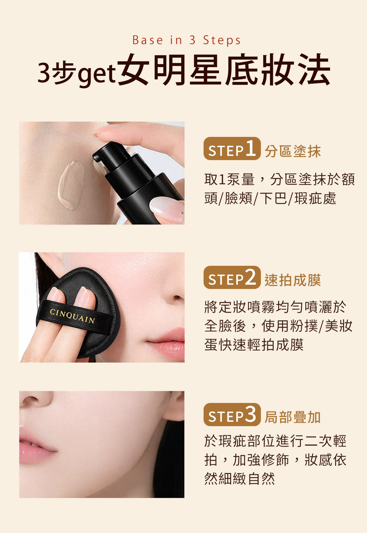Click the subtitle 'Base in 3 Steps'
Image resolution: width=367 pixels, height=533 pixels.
[x=186, y=40]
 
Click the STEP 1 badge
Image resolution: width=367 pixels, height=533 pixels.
[x=232, y=149]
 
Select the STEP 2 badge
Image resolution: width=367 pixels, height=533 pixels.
[x=232, y=277]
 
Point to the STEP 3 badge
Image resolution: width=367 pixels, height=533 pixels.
[x=232, y=414]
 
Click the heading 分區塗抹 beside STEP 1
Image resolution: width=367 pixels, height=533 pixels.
[x=292, y=151]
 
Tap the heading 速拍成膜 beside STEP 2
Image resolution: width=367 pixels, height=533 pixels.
[x=292, y=280]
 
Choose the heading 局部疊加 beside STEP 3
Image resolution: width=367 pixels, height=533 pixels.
[x=292, y=417]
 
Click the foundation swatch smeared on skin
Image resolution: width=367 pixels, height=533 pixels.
[x=71, y=185]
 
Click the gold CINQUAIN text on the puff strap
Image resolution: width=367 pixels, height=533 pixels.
[x=72, y=316]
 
